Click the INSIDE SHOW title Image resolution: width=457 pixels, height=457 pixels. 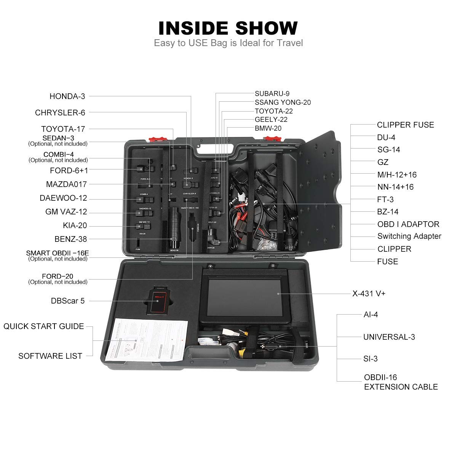pos(228,28)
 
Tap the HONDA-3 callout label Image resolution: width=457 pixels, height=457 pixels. pos(67,96)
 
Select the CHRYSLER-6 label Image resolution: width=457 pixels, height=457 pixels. pos(60,113)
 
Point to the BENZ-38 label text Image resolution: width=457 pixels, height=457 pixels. pos(71,239)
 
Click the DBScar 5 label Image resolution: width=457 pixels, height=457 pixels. pos(68,301)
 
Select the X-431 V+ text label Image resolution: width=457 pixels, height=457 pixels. pos(369,294)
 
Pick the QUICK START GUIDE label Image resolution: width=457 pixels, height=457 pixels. pos(44,326)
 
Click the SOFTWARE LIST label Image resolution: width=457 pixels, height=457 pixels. pos(50,356)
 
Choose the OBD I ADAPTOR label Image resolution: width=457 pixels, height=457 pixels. pos(408,224)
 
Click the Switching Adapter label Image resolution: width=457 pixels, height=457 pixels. pos(409,236)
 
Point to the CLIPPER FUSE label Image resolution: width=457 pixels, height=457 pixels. pos(405,125)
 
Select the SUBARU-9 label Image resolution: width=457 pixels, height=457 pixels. pos(272,94)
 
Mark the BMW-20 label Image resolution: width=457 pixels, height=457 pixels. pos(268,128)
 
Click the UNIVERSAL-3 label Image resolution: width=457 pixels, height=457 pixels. pos(389,337)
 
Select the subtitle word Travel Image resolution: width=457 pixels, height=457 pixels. pos(290,43)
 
